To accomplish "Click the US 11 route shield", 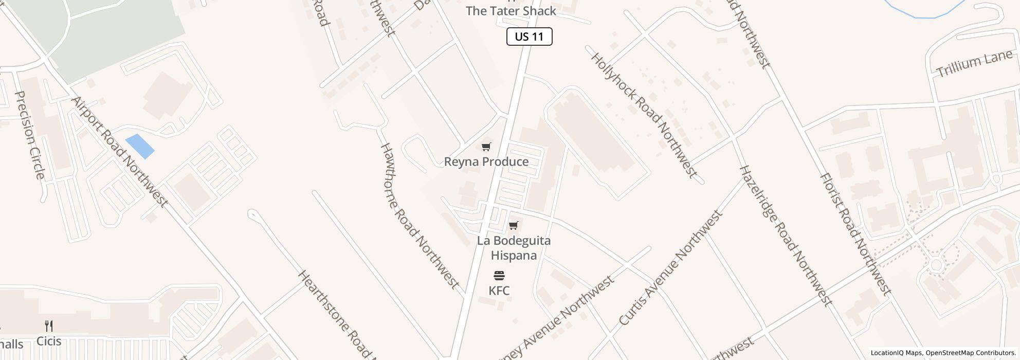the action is (x=529, y=37).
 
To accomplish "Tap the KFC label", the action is (x=499, y=291).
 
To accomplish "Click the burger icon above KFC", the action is (x=499, y=276).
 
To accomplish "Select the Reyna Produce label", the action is (x=486, y=162).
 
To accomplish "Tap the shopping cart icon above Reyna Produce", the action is (x=486, y=147).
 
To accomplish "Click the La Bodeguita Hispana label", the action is (x=514, y=248).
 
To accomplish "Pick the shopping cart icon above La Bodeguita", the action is (x=513, y=226).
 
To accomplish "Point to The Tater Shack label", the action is (x=511, y=11).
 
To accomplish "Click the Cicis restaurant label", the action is (x=49, y=341).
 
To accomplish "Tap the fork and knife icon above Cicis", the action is (x=49, y=326).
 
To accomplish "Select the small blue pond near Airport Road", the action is (x=139, y=146).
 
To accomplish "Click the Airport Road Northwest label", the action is (x=119, y=152).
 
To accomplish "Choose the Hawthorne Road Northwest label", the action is (x=419, y=215).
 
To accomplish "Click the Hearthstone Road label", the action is (x=337, y=314).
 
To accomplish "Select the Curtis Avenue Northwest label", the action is (x=670, y=268).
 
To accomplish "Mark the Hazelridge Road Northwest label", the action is (x=785, y=236).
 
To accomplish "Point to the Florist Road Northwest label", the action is (x=854, y=234).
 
